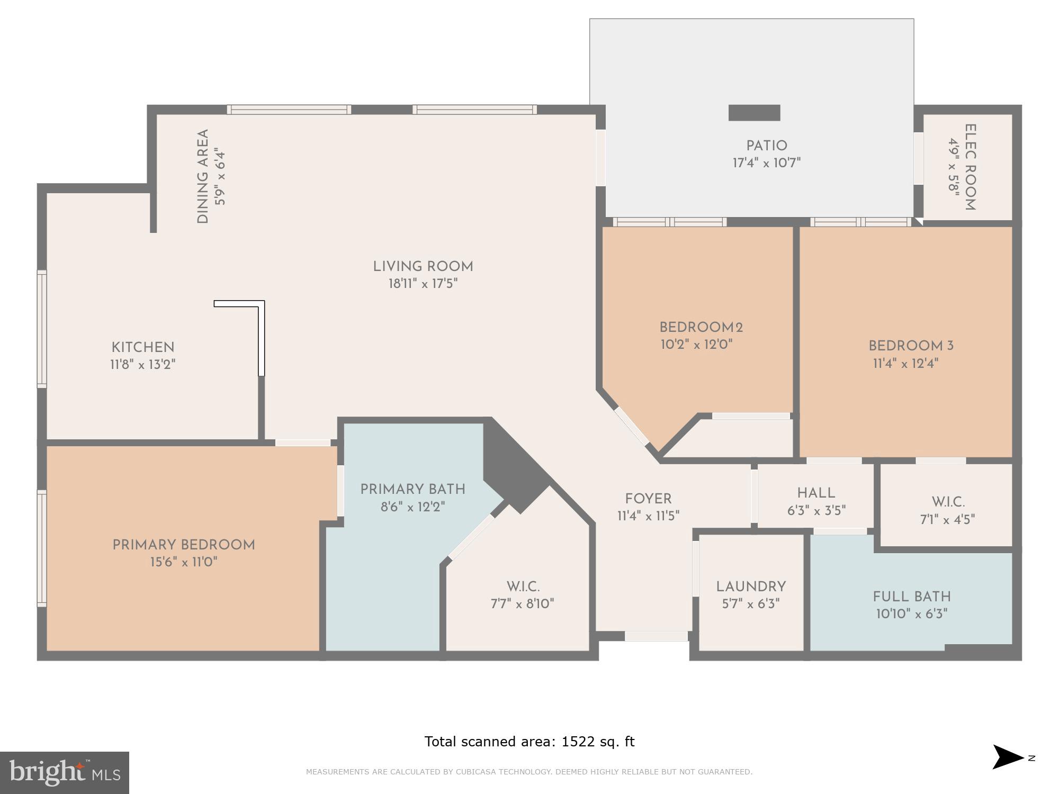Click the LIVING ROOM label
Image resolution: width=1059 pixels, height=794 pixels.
click(x=423, y=267)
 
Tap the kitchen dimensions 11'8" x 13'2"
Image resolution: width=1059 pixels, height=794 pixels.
click(x=142, y=365)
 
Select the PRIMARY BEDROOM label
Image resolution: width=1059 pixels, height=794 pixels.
click(x=183, y=545)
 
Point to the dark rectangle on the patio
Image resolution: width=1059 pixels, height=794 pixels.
click(x=754, y=113)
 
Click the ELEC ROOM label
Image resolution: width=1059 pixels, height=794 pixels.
click(x=970, y=167)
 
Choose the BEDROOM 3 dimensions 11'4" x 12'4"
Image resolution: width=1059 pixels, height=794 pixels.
click(x=905, y=364)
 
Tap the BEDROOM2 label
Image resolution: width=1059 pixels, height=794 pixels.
click(x=701, y=327)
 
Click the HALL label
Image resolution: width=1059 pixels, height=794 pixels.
click(x=816, y=493)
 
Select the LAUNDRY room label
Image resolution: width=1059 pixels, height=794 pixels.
click(x=751, y=587)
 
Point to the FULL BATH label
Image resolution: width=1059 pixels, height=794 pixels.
click(x=912, y=597)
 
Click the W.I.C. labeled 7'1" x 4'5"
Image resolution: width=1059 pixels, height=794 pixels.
click(x=948, y=502)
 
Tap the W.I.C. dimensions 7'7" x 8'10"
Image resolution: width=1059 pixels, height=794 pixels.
click(x=522, y=604)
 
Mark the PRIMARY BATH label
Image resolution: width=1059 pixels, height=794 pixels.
click(x=412, y=489)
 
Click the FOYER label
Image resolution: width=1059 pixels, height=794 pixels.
click(x=648, y=499)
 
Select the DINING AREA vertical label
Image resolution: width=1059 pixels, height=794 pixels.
click(x=203, y=176)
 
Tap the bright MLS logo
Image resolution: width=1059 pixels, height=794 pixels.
click(x=65, y=773)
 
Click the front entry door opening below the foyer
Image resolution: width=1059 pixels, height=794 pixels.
click(x=656, y=636)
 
